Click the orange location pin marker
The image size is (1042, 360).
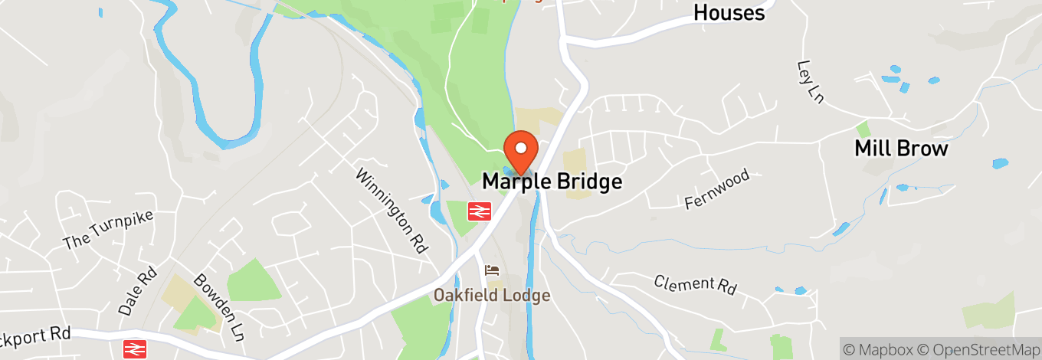click(521, 149)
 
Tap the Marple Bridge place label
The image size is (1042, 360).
click(552, 182)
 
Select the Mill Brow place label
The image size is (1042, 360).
click(901, 148)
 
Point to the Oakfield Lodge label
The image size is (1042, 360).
click(492, 295)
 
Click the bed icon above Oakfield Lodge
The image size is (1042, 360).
click(492, 270)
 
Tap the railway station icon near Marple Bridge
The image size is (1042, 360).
click(480, 211)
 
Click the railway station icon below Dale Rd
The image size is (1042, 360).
click(135, 349)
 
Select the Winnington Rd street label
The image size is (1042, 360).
click(390, 211)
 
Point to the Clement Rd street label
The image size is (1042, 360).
click(695, 284)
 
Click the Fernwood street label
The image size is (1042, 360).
click(716, 190)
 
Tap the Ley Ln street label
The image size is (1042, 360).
click(810, 81)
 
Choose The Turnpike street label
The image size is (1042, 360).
click(108, 229)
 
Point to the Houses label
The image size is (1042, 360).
click(729, 12)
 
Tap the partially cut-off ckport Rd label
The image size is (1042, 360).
click(35, 334)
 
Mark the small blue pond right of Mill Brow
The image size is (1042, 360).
click(1001, 163)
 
